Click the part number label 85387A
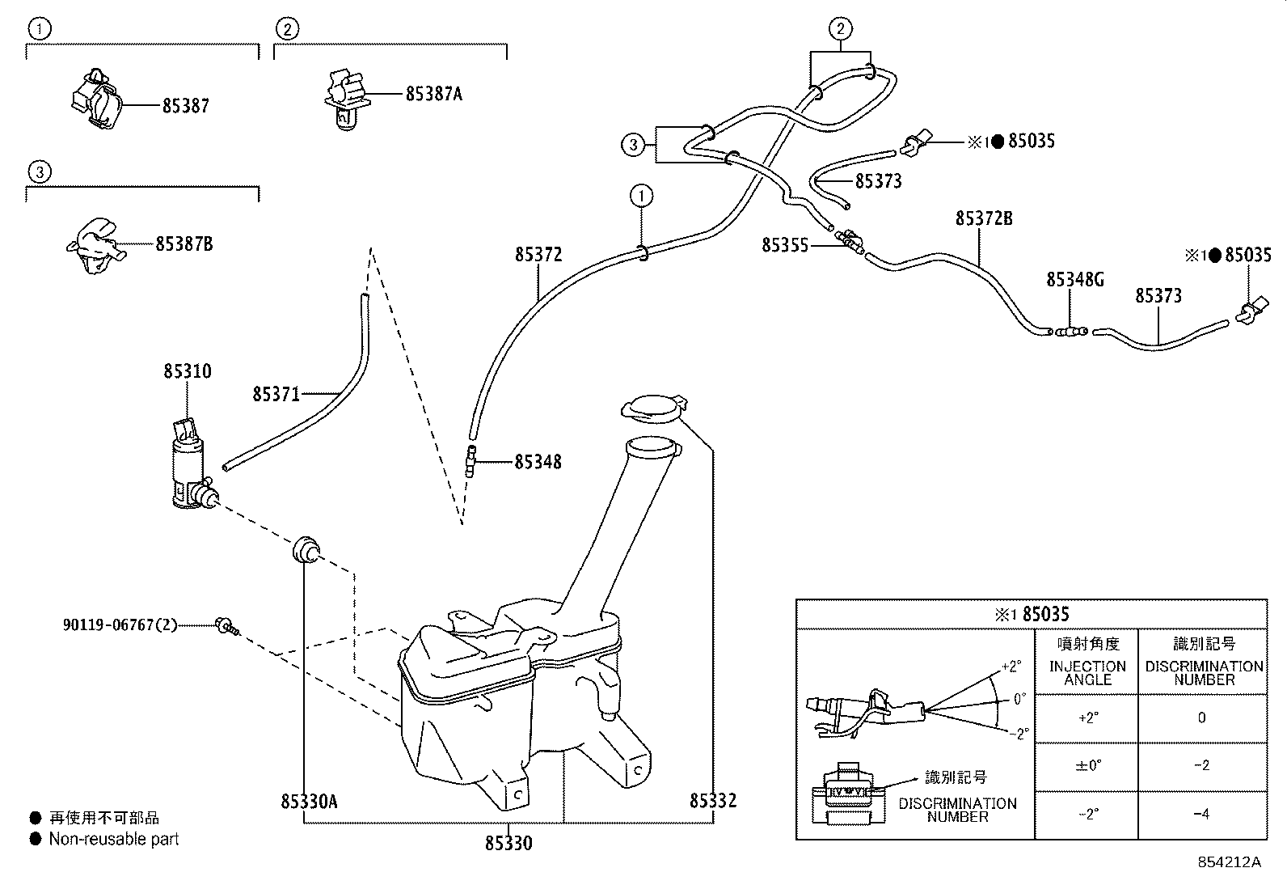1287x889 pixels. tap(433, 94)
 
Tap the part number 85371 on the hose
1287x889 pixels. tap(276, 395)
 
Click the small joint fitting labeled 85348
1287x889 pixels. tap(470, 463)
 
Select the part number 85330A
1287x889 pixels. tap(309, 802)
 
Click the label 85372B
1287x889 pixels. tap(983, 219)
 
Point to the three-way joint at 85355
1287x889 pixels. tap(849, 240)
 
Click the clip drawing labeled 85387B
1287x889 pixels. tap(95, 245)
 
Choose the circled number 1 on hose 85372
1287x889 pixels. tap(641, 196)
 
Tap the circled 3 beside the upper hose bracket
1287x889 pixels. tap(632, 146)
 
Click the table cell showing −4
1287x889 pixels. tap(1201, 815)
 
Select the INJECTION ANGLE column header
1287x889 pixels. tap(1087, 672)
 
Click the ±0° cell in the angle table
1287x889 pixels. tap(1088, 766)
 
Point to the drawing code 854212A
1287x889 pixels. tap(1229, 862)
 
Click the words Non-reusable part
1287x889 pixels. tap(114, 840)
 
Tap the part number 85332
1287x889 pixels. tap(713, 802)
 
